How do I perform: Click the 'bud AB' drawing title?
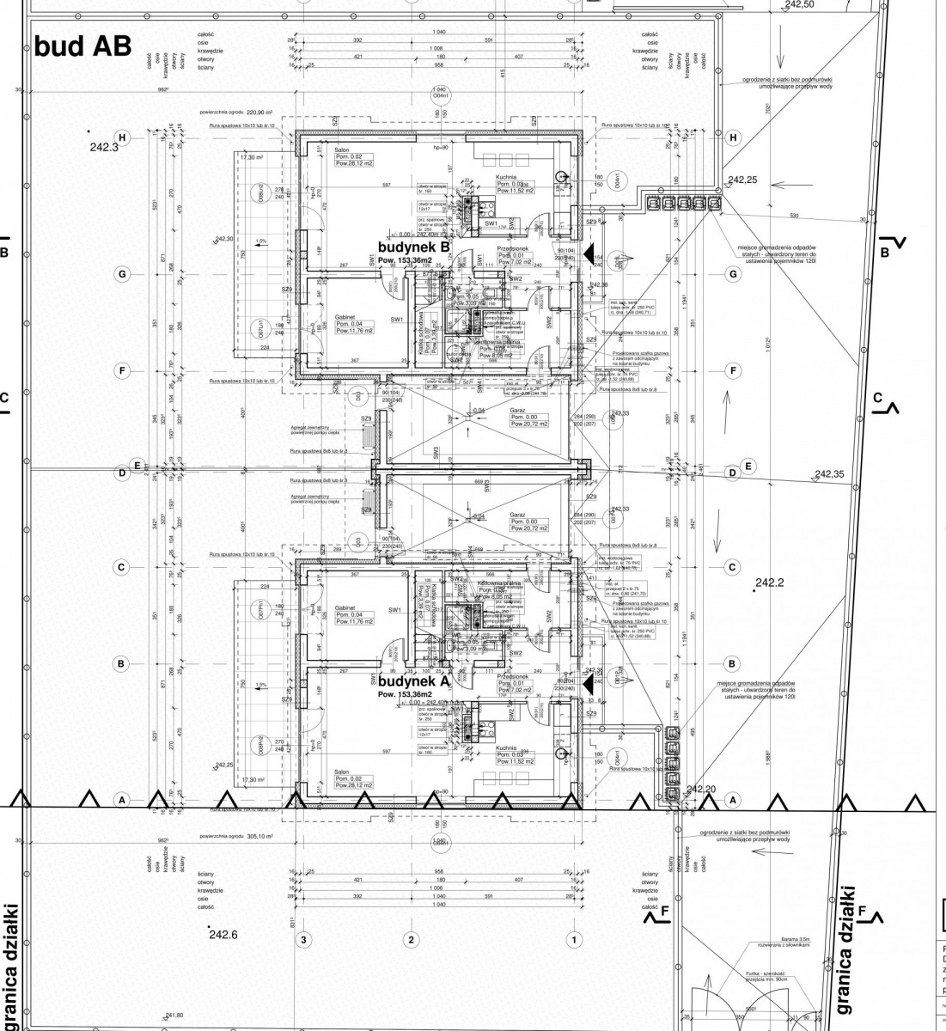coord(82,46)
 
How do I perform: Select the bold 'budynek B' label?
coord(414,247)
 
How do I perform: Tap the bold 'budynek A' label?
coord(414,680)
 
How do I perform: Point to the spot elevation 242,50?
coord(799,4)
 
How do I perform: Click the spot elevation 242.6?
coord(223,935)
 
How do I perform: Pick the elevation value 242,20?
coord(701,789)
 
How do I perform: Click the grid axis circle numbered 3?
coord(302,940)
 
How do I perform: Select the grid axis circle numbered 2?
coord(412,940)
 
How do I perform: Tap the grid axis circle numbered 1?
coord(572,940)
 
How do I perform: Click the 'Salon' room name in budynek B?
coord(341,149)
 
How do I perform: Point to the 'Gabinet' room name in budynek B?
coord(346,316)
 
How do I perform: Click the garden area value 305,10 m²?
coord(256,835)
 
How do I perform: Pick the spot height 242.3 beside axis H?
coord(105,147)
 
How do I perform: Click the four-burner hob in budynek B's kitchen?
coord(470,205)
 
